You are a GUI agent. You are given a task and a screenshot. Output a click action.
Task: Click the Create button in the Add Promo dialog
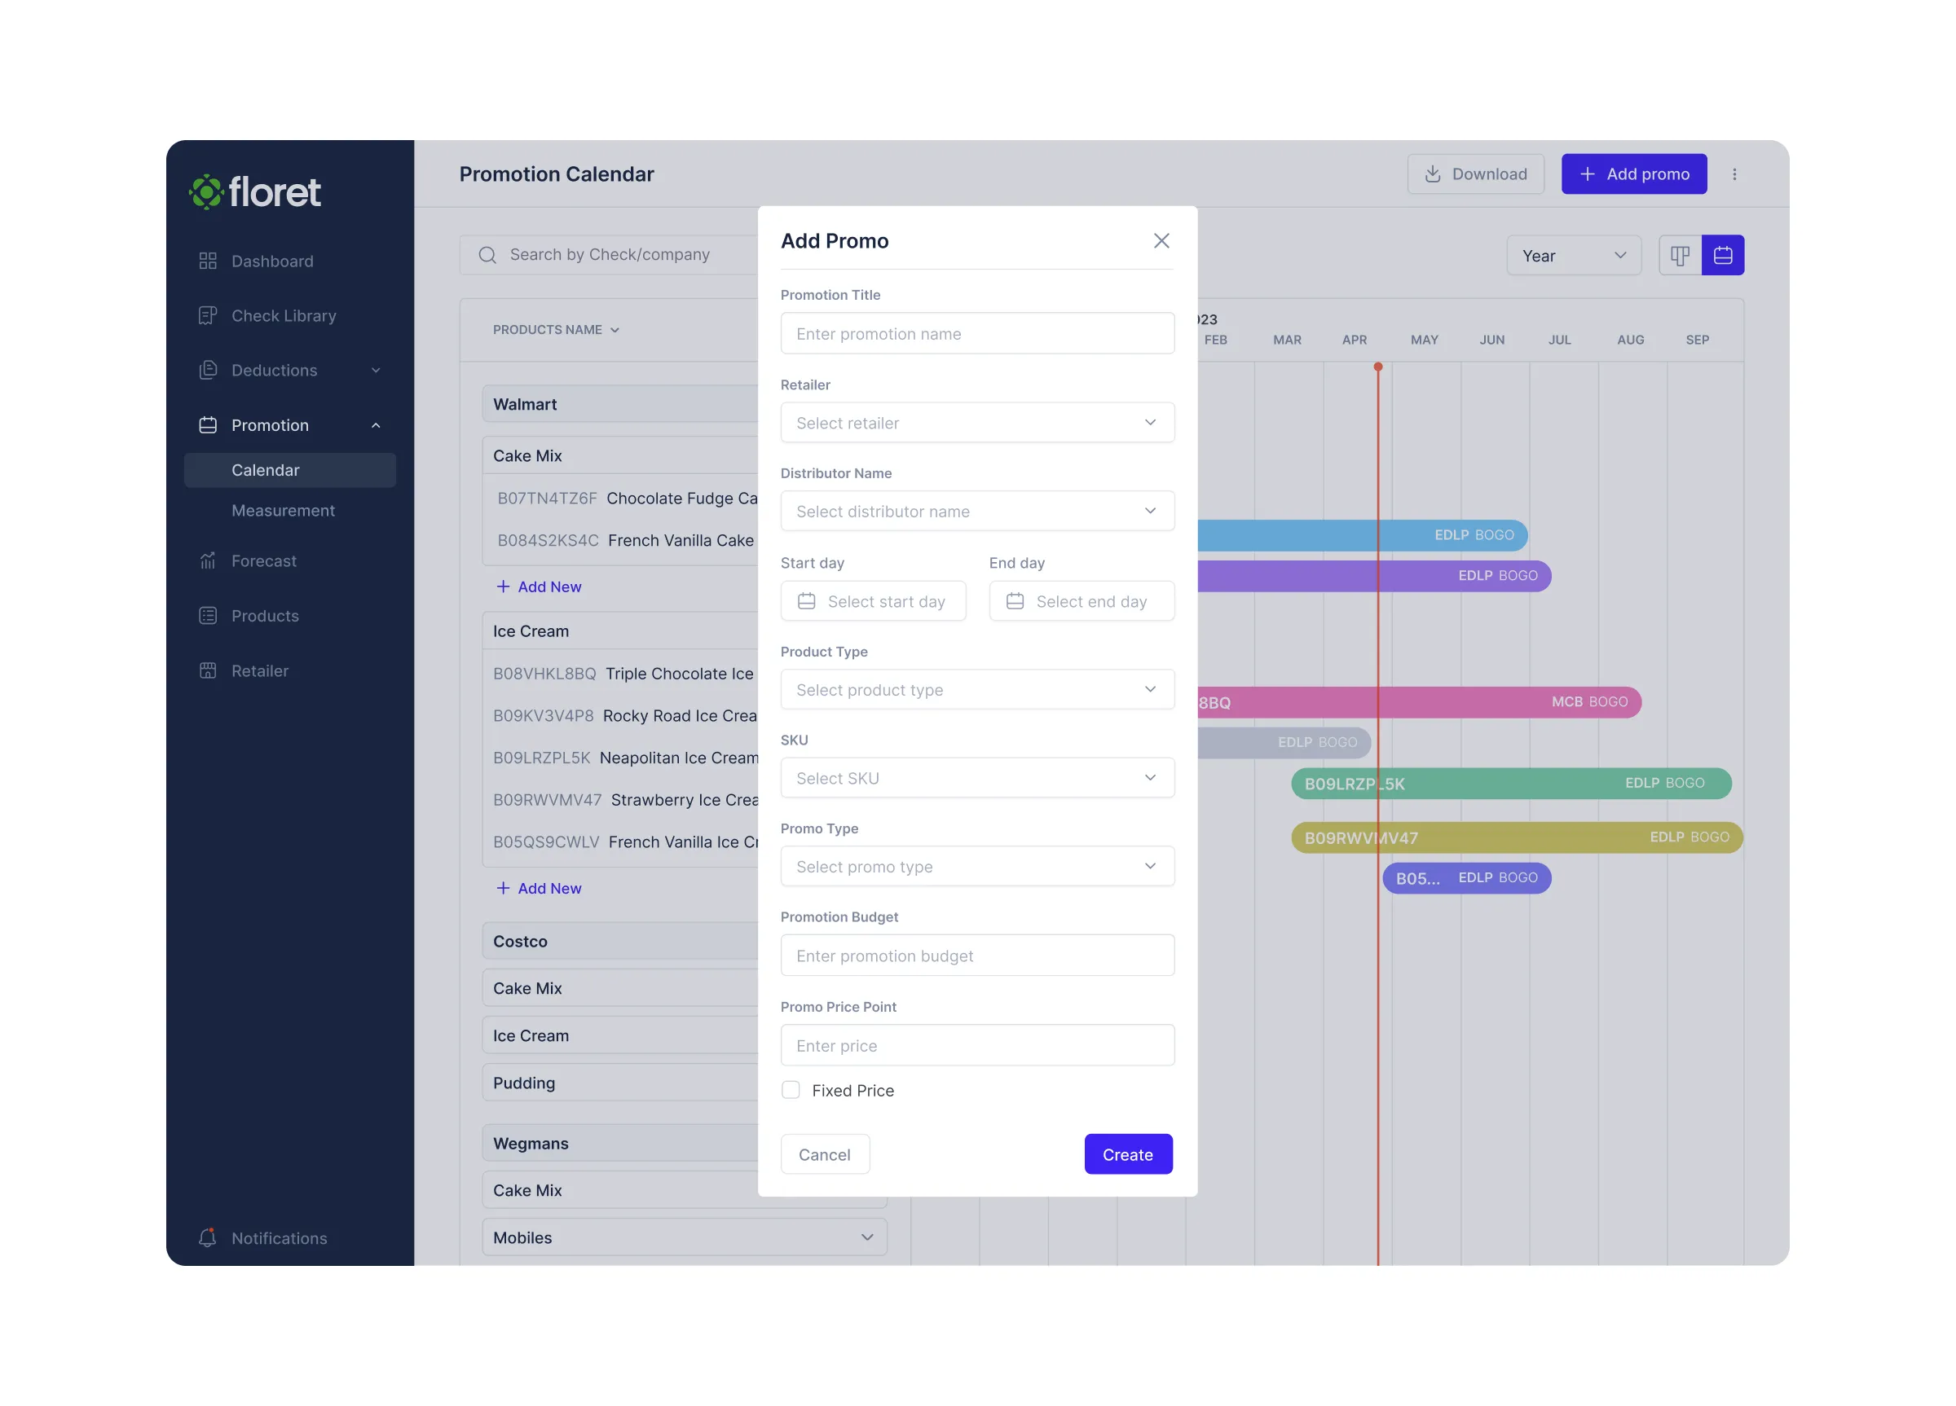point(1127,1153)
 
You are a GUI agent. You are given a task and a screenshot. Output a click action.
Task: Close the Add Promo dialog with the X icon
point(1161,240)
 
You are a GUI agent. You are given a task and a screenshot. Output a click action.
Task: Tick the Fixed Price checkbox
point(790,1090)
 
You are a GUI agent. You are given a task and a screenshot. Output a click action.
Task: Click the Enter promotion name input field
point(976,334)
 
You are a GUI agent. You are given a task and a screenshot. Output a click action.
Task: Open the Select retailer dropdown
point(976,423)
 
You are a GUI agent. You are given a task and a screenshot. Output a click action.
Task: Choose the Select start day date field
point(873,601)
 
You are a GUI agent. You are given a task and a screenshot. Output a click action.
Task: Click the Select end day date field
point(1081,601)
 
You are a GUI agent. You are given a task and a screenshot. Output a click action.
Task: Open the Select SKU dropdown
point(976,778)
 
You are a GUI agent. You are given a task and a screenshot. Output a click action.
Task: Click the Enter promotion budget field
point(976,956)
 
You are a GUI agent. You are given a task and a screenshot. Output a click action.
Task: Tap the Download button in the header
point(1475,174)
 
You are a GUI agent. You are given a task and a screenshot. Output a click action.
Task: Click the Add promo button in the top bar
point(1632,174)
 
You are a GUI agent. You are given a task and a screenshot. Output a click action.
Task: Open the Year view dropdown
point(1573,256)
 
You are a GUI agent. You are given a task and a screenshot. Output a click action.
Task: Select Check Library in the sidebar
point(283,315)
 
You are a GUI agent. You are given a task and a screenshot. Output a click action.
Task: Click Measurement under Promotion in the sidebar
point(283,510)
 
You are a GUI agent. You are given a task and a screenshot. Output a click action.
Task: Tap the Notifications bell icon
point(207,1237)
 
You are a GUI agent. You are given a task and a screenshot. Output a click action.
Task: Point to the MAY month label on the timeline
point(1424,340)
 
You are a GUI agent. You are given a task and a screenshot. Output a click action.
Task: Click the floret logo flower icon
point(206,191)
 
